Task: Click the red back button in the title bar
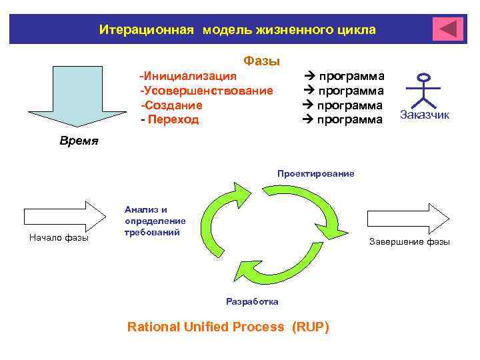tap(447, 29)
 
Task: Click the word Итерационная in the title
tap(146, 30)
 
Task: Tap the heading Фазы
tap(261, 61)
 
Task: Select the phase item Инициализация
tap(189, 75)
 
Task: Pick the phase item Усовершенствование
tap(207, 91)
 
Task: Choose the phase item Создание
tap(172, 105)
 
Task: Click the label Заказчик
tap(425, 115)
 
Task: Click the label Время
tap(79, 141)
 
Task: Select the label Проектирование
tap(316, 174)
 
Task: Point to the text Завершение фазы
tap(409, 242)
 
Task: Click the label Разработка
tap(252, 301)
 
